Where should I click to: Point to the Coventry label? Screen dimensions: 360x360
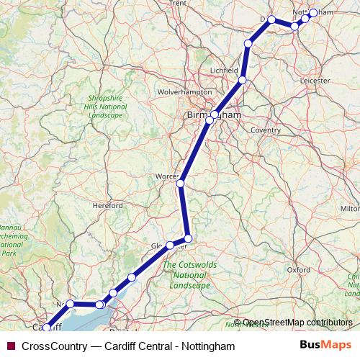click(x=266, y=130)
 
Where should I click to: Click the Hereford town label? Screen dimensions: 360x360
click(x=108, y=205)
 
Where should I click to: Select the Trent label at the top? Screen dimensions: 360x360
click(x=177, y=4)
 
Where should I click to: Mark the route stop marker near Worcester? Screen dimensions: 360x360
click(x=181, y=184)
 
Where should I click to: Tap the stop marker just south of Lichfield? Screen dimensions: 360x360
click(x=243, y=80)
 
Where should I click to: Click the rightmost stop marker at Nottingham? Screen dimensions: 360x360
click(x=313, y=13)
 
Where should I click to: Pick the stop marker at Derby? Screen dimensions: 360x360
click(x=271, y=19)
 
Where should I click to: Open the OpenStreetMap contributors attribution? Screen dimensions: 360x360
click(x=297, y=323)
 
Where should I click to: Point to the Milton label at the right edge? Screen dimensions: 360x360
click(x=350, y=208)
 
